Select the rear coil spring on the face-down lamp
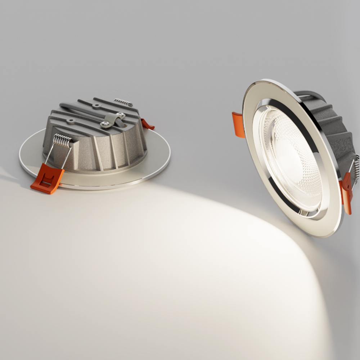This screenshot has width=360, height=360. [x=123, y=102]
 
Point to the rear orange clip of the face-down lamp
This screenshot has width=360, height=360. [x=147, y=125]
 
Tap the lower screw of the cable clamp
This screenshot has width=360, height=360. [x=105, y=124]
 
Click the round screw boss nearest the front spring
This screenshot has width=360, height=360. [x=70, y=122]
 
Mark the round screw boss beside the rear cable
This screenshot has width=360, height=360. [x=96, y=106]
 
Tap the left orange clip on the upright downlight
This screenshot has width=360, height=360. [x=238, y=125]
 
